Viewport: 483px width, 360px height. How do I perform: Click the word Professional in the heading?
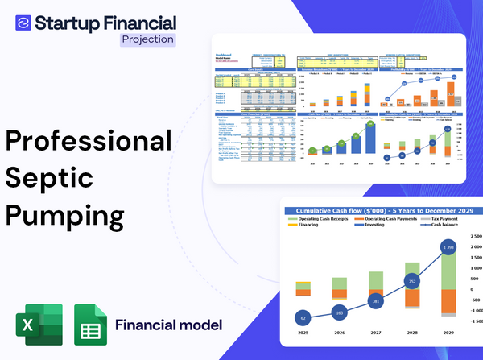pos(89,142)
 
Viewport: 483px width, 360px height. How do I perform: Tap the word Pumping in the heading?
pos(65,217)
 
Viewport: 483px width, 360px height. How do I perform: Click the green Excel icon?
pos(38,326)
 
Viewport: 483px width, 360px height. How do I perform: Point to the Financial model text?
pos(168,326)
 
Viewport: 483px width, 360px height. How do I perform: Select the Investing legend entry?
pos(374,226)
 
